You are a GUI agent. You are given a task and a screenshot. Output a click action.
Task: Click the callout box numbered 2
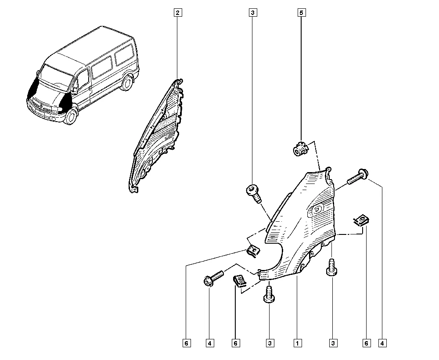click(x=178, y=13)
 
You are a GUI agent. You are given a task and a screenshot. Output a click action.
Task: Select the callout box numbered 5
click(x=301, y=13)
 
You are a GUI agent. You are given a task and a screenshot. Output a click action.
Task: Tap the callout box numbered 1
click(x=297, y=343)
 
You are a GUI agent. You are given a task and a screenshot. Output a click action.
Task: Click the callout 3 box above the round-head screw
click(x=252, y=13)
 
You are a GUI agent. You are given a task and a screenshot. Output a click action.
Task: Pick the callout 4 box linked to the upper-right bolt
click(x=382, y=343)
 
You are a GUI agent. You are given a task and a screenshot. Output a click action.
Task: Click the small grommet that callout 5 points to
click(x=300, y=149)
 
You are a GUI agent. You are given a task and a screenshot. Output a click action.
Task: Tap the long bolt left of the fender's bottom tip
click(x=213, y=278)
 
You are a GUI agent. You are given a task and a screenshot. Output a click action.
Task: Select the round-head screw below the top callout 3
click(x=254, y=193)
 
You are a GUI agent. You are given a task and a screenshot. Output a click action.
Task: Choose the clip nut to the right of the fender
click(x=361, y=220)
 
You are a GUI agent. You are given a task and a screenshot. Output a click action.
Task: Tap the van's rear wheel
click(x=127, y=82)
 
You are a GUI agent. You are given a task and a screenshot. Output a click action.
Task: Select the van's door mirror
click(x=75, y=90)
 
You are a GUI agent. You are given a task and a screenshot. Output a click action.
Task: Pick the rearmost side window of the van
click(x=125, y=54)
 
